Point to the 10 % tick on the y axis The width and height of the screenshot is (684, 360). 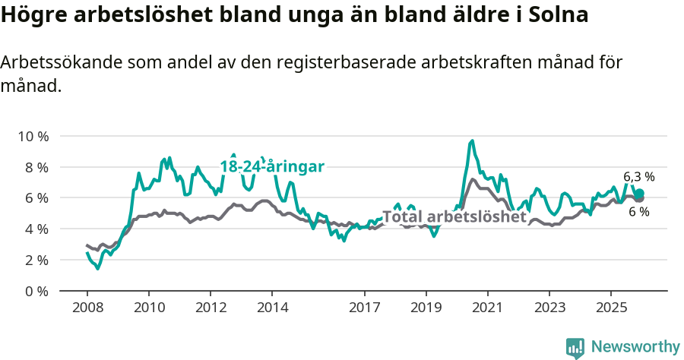33,136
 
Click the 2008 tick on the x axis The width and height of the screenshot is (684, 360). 87,308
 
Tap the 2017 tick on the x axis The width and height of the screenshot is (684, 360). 364,308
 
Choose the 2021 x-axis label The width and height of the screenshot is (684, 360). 487,308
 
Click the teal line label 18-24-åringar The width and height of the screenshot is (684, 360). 272,166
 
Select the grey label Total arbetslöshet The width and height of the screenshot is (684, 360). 454,217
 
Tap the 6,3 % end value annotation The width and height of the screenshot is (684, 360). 638,177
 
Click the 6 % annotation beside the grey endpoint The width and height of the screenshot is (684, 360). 638,212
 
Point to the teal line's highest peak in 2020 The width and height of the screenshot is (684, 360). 472,141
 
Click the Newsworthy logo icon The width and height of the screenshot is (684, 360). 575,347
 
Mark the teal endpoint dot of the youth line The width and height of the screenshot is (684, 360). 640,193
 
